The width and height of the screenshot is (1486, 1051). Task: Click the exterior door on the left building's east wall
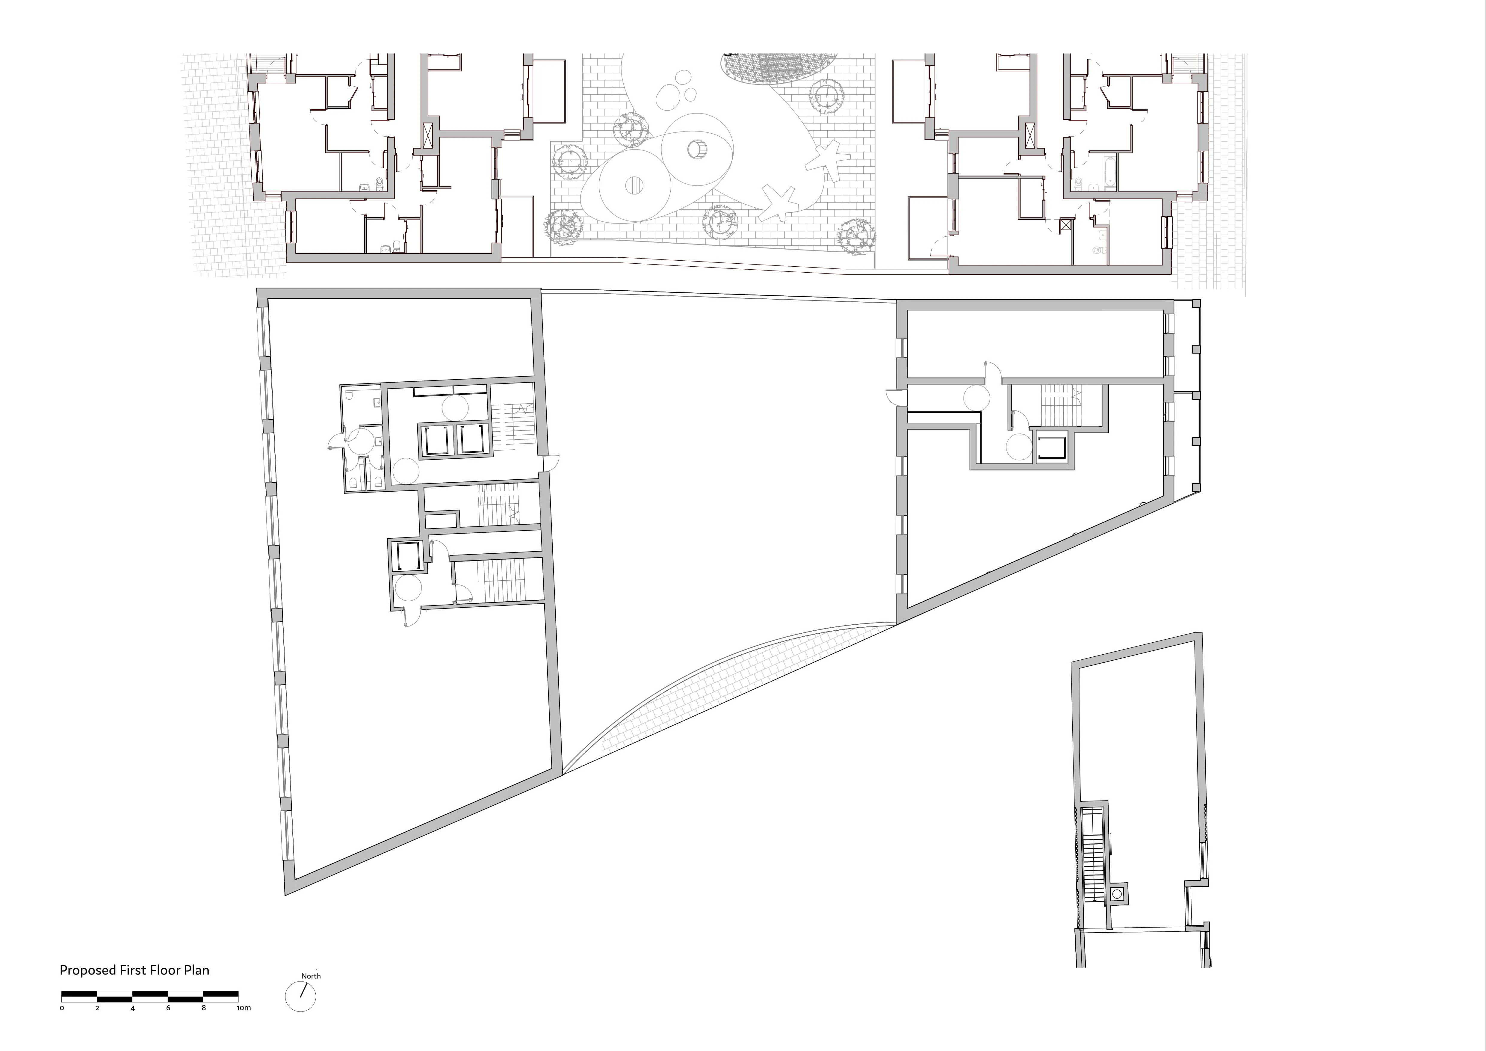551,463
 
